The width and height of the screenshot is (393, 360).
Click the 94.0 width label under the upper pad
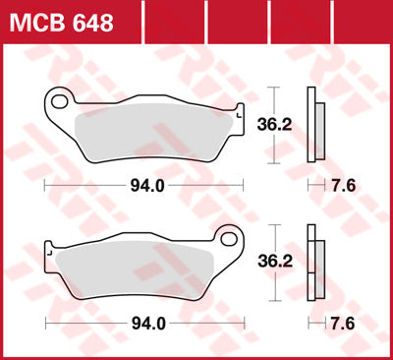click(145, 183)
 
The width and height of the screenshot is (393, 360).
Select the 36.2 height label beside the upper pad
click(285, 125)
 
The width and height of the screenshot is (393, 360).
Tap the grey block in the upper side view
click(321, 133)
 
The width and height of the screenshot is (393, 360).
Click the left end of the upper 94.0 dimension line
click(47, 184)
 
